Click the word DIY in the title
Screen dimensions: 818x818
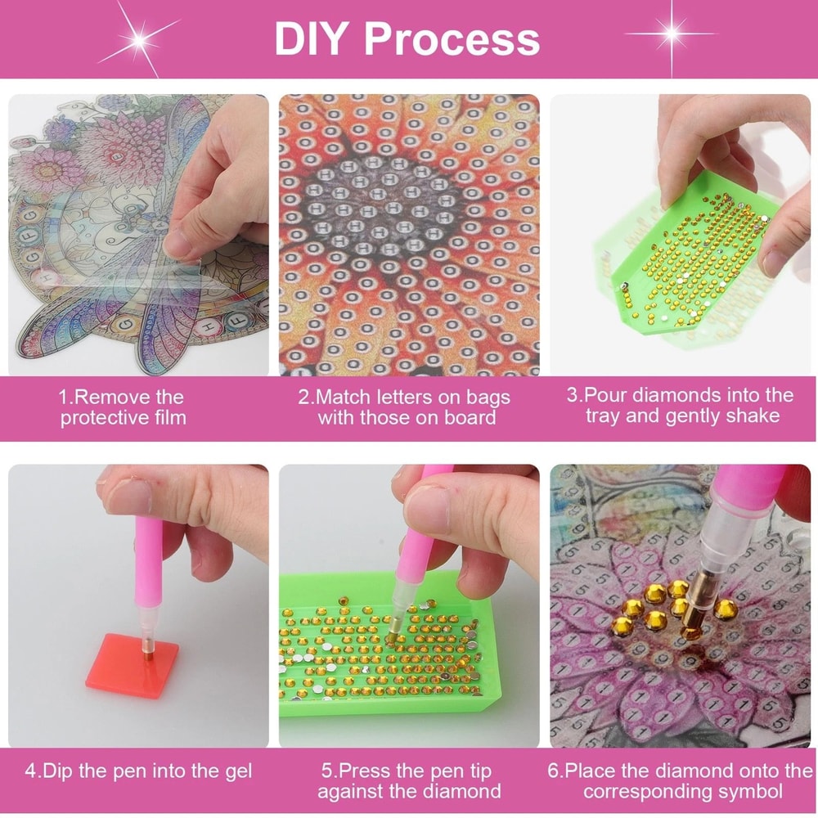(x=311, y=38)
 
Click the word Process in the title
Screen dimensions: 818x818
(x=452, y=38)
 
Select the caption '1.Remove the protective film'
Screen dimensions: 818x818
(x=123, y=407)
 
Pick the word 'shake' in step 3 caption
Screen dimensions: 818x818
(x=754, y=416)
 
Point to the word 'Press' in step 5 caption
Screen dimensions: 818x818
(x=366, y=771)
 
